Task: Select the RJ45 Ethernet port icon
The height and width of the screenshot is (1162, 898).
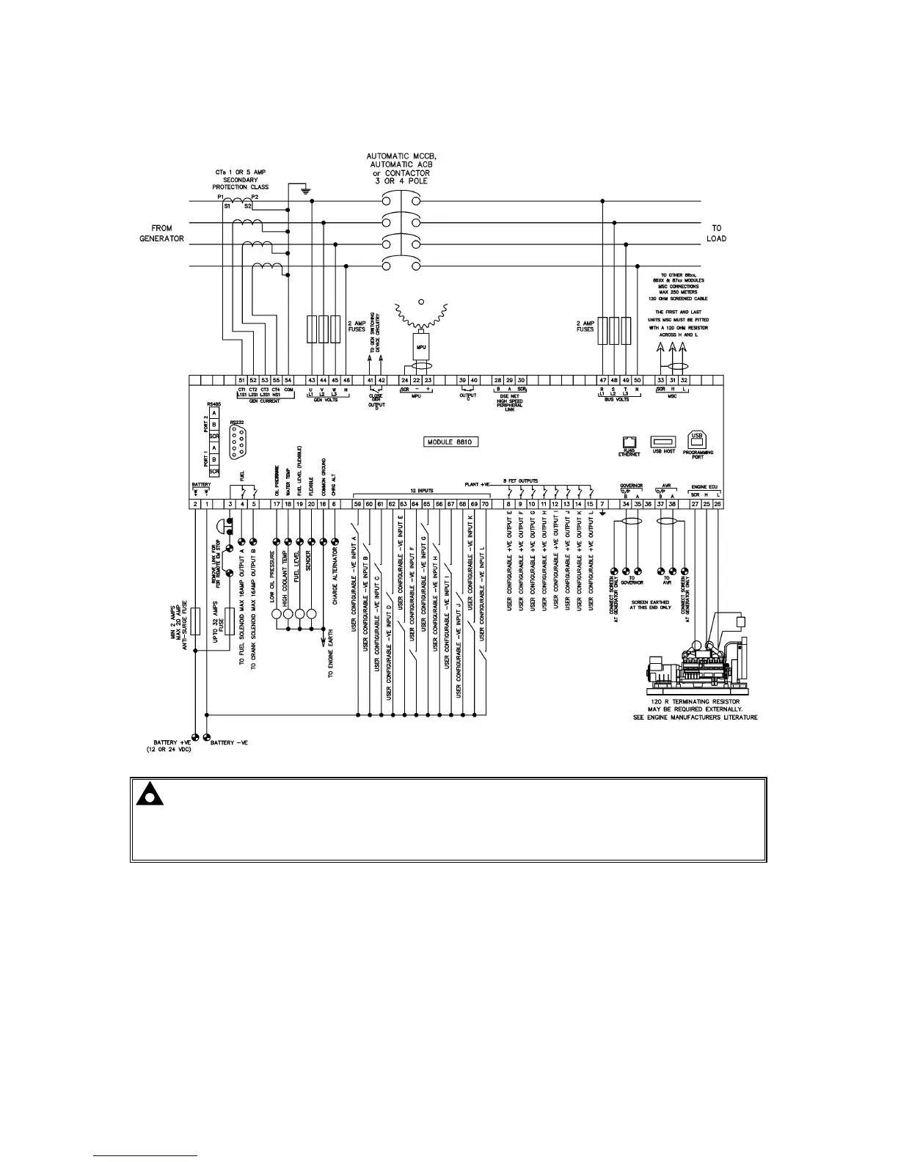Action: pos(629,442)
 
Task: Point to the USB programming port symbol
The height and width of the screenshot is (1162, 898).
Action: pos(696,439)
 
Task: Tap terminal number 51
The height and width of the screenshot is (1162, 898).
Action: pos(241,380)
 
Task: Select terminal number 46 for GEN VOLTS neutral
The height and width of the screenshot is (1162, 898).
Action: pos(346,380)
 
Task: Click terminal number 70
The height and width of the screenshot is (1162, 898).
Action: pos(485,504)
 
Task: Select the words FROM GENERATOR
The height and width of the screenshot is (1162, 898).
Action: pos(161,233)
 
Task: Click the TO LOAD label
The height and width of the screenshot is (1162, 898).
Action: pos(716,233)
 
